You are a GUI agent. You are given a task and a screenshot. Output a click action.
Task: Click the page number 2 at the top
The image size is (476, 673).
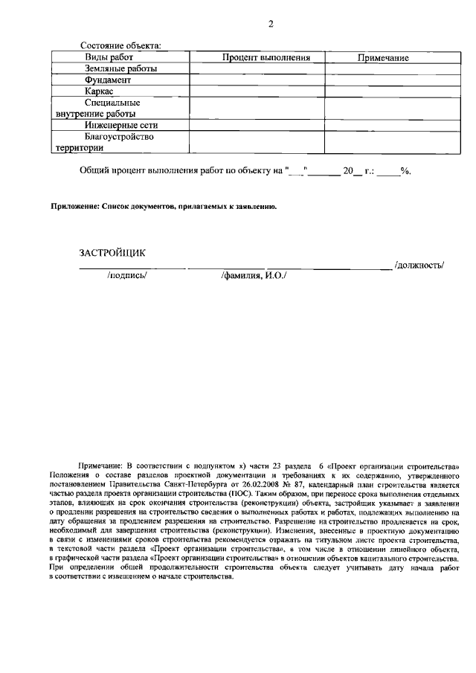[271, 24]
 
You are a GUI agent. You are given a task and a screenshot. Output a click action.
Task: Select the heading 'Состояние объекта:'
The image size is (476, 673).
[120, 47]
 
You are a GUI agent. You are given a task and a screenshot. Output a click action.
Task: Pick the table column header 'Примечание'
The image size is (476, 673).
[383, 58]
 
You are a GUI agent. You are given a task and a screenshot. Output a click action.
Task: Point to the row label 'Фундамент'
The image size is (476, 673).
[109, 79]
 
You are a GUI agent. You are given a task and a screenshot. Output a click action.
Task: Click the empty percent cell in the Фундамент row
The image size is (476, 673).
[256, 80]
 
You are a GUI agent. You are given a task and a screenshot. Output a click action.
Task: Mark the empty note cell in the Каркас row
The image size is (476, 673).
[383, 90]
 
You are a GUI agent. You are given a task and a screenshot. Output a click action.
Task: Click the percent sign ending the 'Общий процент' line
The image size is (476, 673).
[405, 170]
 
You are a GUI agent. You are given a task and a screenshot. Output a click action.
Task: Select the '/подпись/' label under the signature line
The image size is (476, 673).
[128, 275]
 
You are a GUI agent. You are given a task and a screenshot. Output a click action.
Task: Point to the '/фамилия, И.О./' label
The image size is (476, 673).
[254, 275]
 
